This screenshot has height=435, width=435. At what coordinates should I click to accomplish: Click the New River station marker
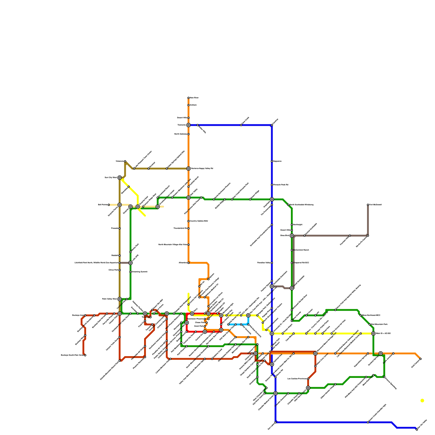(188, 98)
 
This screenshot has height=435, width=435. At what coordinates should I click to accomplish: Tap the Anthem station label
(193, 105)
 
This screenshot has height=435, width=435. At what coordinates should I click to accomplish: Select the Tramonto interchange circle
(188, 125)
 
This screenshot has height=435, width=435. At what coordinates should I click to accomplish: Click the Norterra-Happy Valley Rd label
(202, 169)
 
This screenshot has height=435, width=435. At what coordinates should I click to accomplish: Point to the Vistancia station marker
(125, 161)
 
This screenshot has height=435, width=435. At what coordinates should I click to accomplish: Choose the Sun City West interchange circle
(120, 178)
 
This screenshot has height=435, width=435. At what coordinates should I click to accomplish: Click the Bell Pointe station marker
(109, 205)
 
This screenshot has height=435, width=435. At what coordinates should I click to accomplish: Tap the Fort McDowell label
(375, 205)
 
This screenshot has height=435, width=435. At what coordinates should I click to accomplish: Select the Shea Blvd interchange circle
(292, 235)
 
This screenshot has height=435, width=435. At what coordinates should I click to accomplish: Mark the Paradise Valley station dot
(272, 263)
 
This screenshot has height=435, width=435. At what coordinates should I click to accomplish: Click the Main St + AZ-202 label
(383, 333)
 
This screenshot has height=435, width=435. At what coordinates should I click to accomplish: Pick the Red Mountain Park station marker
(370, 324)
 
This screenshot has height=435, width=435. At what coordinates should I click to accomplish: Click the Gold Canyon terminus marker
(421, 359)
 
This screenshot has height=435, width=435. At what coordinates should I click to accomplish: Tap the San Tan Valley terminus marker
(417, 430)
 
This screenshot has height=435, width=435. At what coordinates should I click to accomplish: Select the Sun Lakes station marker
(275, 422)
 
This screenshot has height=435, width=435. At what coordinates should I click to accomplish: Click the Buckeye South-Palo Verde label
(72, 355)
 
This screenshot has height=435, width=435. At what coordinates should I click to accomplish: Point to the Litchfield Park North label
(96, 263)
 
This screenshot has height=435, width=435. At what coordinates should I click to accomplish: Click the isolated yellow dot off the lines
(422, 400)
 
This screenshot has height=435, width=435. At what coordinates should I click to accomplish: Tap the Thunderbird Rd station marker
(188, 228)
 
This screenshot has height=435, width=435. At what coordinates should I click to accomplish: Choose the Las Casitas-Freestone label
(297, 379)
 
